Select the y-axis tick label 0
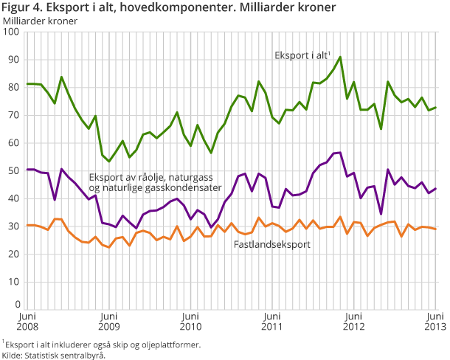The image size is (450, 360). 15,304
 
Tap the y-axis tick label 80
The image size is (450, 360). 12,87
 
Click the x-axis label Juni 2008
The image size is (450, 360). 26,322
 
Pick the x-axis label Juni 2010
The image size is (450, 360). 190,322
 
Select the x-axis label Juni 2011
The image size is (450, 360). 272,322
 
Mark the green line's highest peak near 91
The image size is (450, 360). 340,57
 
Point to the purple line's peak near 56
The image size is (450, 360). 340,153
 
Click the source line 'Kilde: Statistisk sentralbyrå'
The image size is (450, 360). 54,354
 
